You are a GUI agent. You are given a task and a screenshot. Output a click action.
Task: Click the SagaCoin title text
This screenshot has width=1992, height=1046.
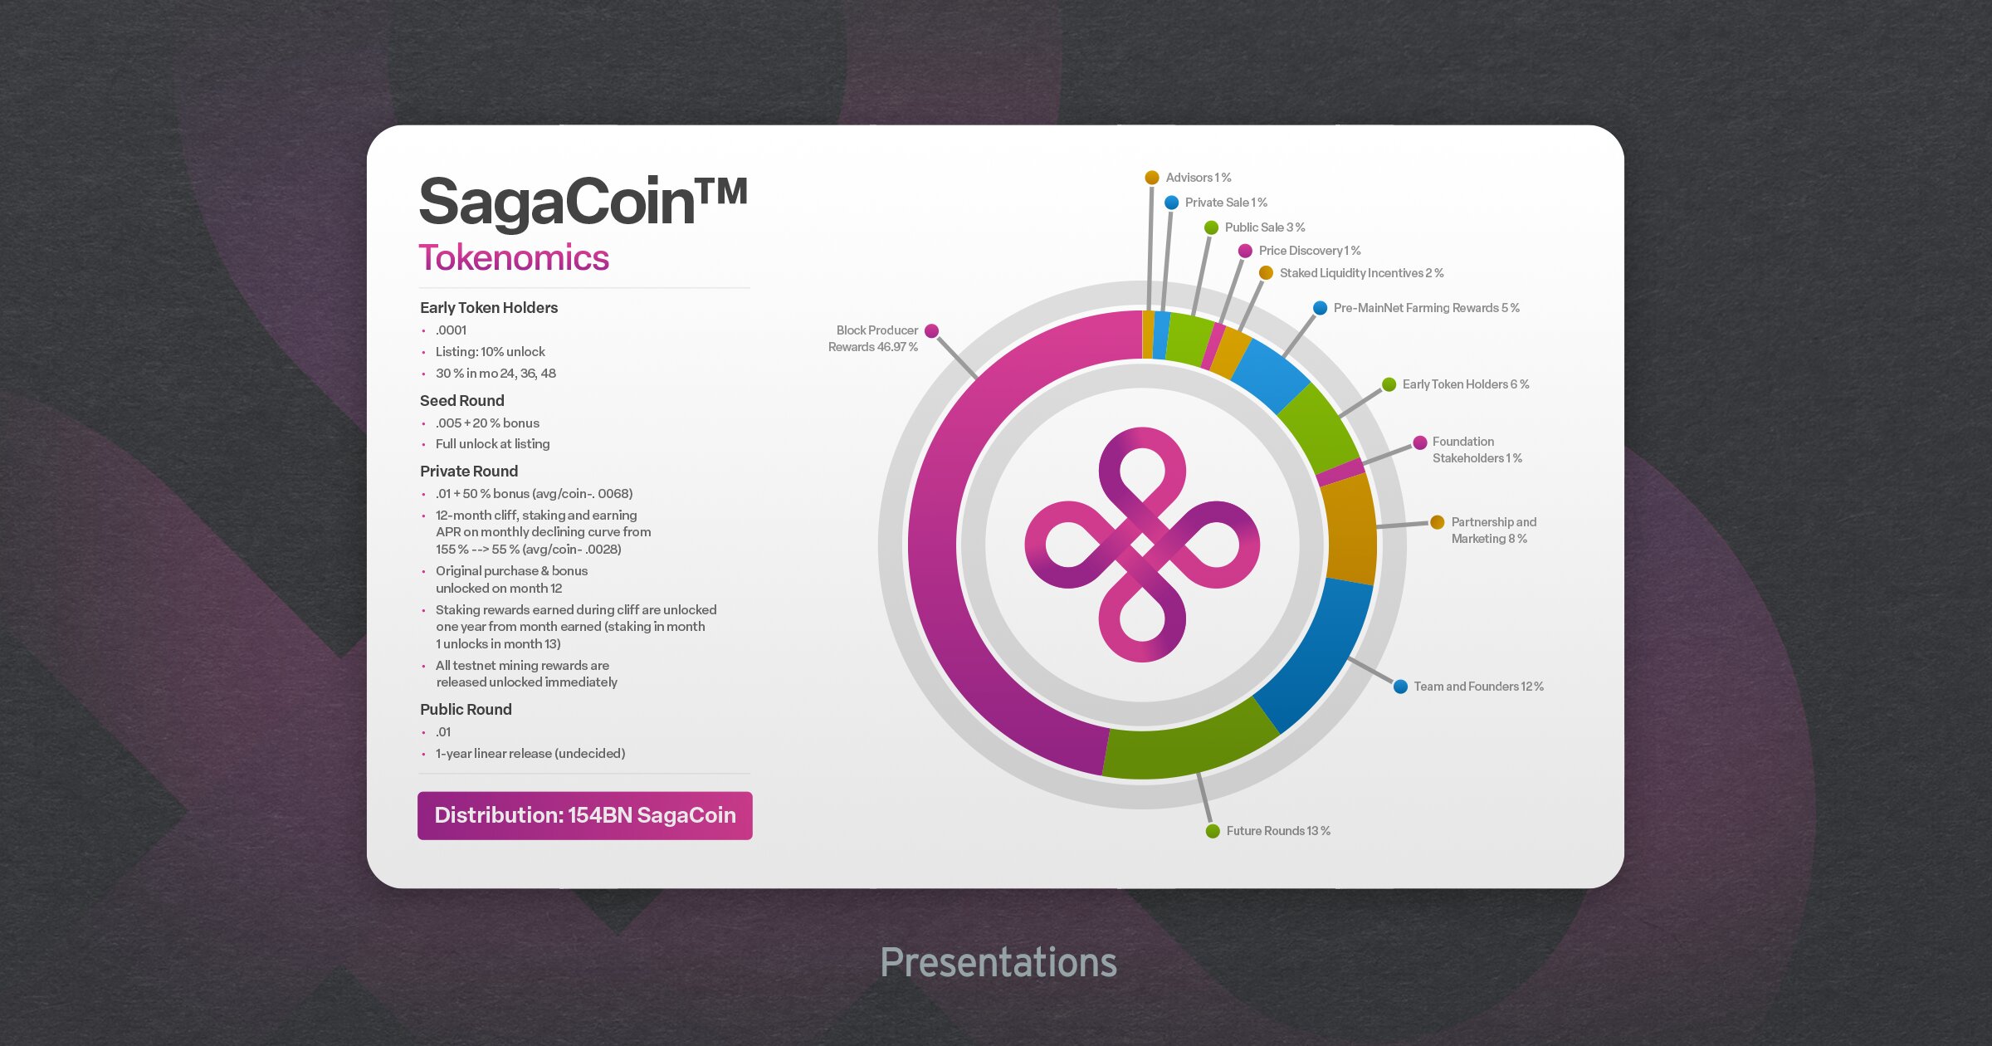[583, 203]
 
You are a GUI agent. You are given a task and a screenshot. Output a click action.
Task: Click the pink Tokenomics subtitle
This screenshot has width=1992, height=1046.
[514, 258]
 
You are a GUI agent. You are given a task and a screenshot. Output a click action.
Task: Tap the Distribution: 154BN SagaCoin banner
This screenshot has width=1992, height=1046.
[585, 815]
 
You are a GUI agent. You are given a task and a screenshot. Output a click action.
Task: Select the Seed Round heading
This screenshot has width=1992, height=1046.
[462, 400]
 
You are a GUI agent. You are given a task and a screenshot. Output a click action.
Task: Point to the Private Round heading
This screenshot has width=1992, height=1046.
[469, 471]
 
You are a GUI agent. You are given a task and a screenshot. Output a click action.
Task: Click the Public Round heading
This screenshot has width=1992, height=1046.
[466, 709]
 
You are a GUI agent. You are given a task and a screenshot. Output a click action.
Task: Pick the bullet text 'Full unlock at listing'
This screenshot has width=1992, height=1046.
[493, 444]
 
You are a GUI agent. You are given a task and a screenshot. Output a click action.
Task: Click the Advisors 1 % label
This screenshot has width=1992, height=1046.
[1199, 178]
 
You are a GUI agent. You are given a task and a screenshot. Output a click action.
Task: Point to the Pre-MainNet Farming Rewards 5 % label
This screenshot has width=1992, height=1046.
[1427, 308]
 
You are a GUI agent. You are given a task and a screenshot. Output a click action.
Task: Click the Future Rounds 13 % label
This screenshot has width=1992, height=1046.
[1278, 831]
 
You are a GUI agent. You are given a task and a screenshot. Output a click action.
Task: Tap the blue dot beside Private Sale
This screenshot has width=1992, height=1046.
[1171, 203]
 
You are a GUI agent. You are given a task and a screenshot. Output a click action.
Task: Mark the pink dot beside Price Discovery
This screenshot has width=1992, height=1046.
[1245, 251]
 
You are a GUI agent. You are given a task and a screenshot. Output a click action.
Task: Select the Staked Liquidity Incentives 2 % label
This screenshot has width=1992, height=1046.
[1362, 273]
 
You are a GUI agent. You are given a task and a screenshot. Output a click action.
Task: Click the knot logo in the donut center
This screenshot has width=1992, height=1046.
[1142, 545]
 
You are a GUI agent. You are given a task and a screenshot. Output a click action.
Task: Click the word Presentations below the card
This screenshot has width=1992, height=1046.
[998, 963]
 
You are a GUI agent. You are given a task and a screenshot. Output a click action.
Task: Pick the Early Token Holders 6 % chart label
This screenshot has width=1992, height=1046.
[1466, 384]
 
